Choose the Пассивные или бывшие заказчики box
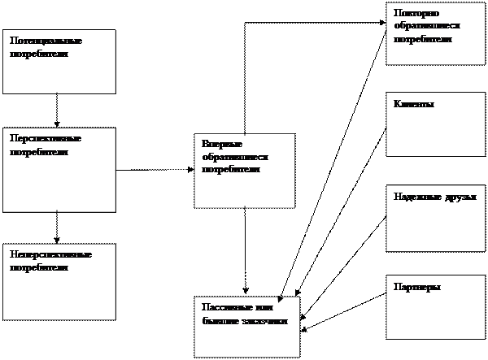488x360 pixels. point(246,327)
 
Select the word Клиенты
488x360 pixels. point(414,105)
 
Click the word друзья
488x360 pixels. point(460,197)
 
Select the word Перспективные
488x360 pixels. point(46,138)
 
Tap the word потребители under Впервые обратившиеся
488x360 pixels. point(231,170)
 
